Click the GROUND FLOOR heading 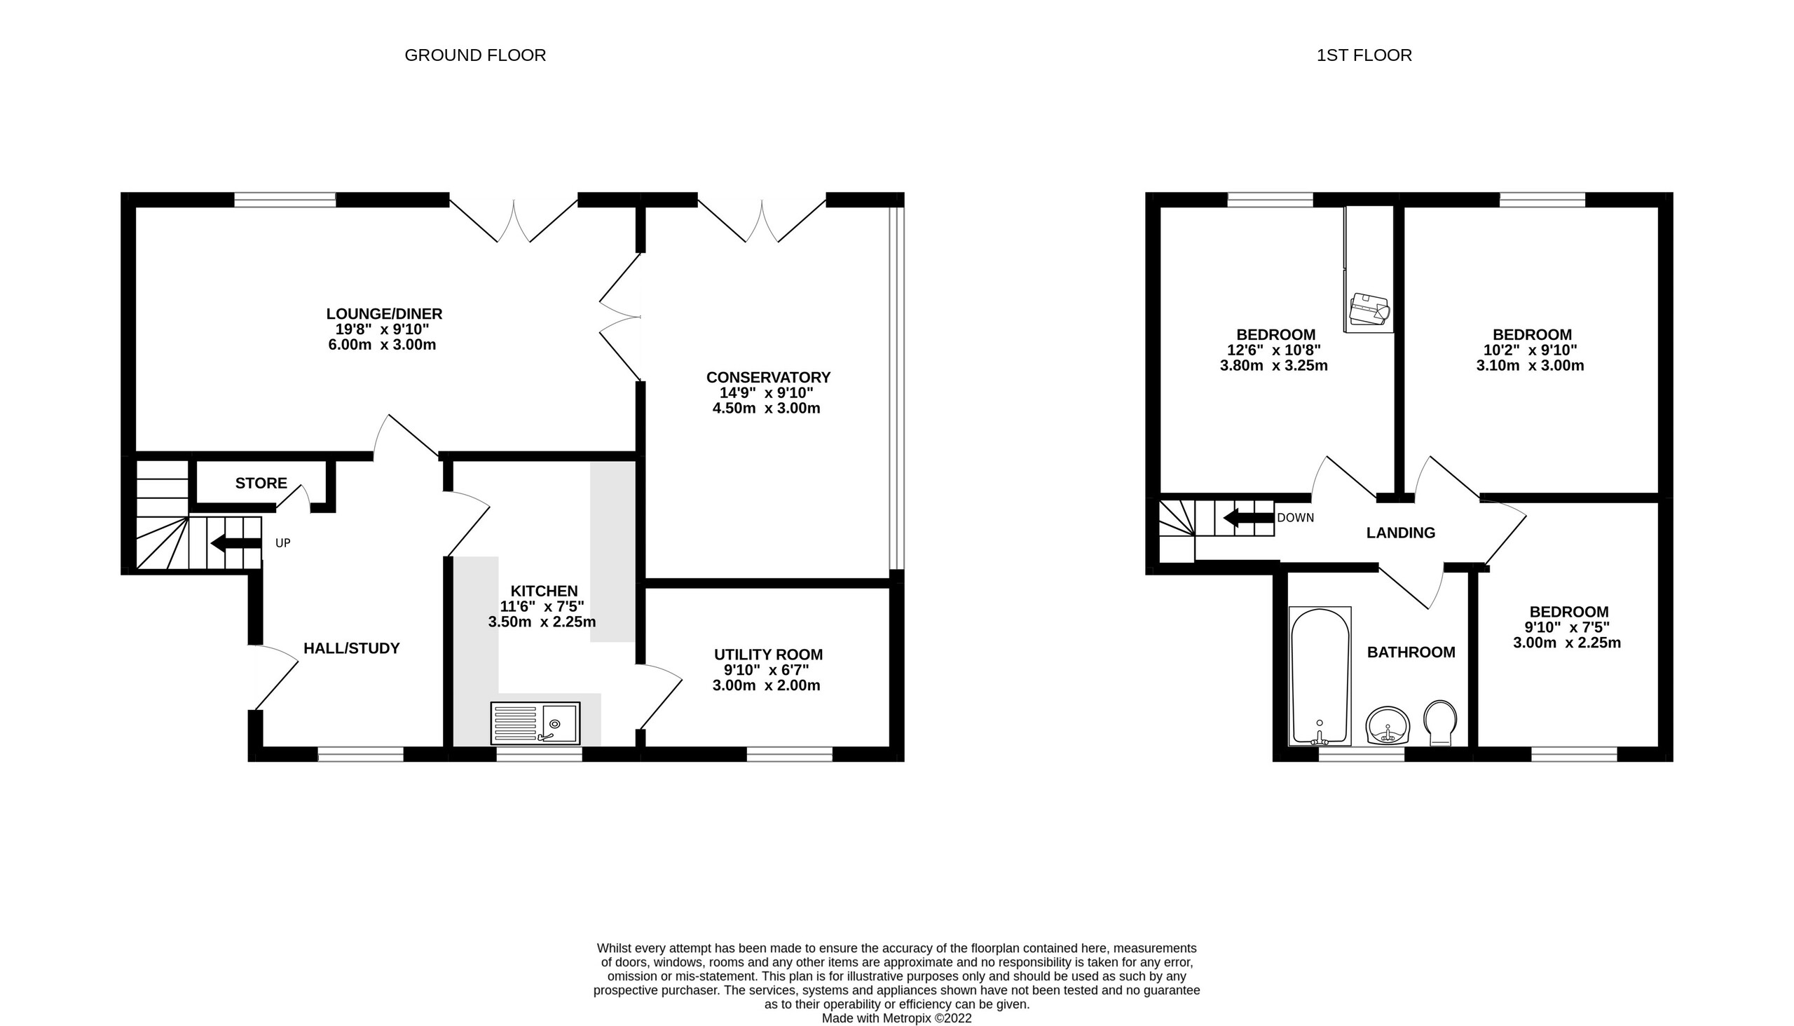click(475, 55)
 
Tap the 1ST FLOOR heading click(1364, 55)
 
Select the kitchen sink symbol click(535, 723)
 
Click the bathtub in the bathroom click(1320, 675)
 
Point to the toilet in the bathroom click(1439, 723)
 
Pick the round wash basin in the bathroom click(1388, 726)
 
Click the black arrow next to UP click(235, 543)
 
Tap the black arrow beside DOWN click(1249, 519)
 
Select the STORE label click(261, 484)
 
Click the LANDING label click(1400, 533)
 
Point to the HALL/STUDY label click(351, 648)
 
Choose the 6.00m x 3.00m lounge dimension click(382, 346)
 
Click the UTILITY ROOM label click(768, 655)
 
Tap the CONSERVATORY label click(768, 378)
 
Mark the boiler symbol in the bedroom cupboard click(1369, 310)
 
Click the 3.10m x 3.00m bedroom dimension click(1530, 366)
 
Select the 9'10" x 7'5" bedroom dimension click(1567, 627)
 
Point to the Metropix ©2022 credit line click(896, 1018)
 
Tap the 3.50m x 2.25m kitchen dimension click(542, 622)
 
